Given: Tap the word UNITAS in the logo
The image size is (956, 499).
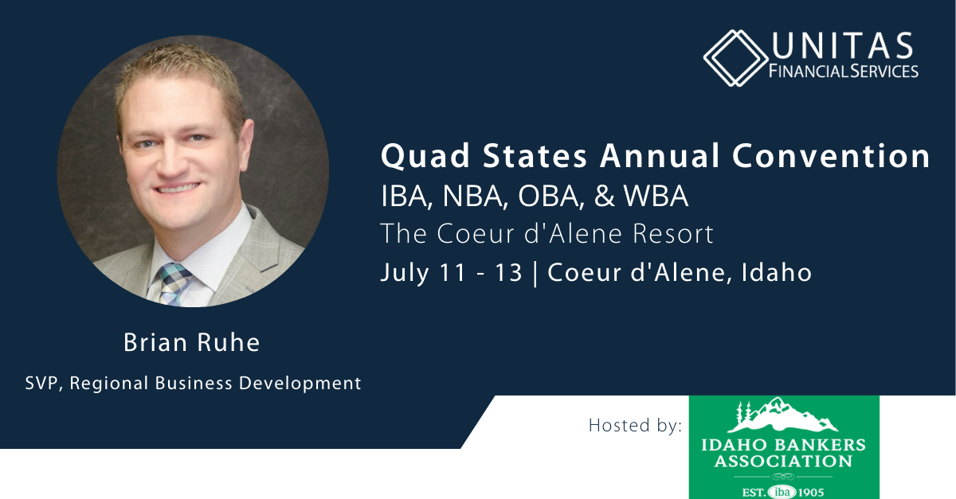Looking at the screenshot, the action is (842, 45).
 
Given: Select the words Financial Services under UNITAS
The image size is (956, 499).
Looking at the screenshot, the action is (844, 71).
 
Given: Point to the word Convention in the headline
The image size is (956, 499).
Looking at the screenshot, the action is (831, 156).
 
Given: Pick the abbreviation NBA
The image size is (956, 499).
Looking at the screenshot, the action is (475, 197).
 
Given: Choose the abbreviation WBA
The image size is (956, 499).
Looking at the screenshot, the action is (656, 197).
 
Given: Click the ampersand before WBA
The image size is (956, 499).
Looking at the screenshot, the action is (605, 197).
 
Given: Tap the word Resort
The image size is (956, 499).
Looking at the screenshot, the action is (673, 234).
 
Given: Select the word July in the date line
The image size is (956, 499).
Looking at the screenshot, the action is (405, 274).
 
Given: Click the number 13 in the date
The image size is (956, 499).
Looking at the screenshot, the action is (509, 272).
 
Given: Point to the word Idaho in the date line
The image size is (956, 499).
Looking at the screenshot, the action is (776, 272).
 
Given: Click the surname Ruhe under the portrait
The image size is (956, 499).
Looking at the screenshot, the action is (229, 342).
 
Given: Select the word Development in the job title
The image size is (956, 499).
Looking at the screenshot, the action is (300, 383).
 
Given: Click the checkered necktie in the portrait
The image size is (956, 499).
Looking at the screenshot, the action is (175, 284).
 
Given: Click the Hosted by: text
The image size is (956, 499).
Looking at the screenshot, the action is (635, 426).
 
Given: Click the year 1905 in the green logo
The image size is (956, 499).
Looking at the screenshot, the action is (810, 493).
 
